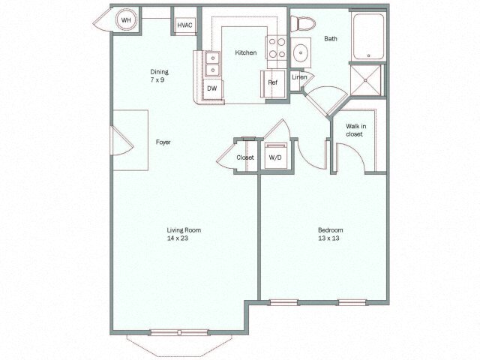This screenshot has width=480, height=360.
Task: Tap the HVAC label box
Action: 184,25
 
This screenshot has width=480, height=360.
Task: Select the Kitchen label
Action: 246,52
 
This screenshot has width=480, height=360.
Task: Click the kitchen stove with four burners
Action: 277,48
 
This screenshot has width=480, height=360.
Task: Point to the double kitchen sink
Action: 211,66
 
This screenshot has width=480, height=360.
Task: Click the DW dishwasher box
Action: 212,88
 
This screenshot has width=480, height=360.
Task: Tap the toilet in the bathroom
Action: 302,26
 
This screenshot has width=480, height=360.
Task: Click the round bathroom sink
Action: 301,53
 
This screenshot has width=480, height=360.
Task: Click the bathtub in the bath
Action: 368,36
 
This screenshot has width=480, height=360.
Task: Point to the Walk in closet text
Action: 355,130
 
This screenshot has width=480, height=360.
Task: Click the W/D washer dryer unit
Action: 274,157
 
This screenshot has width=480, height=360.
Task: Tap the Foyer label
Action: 163,141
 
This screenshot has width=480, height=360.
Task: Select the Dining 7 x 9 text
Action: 159,76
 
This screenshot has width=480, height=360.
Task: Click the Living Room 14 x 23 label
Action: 184,234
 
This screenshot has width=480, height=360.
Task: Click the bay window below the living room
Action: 180,341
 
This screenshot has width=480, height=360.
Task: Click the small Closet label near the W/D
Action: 245,157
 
